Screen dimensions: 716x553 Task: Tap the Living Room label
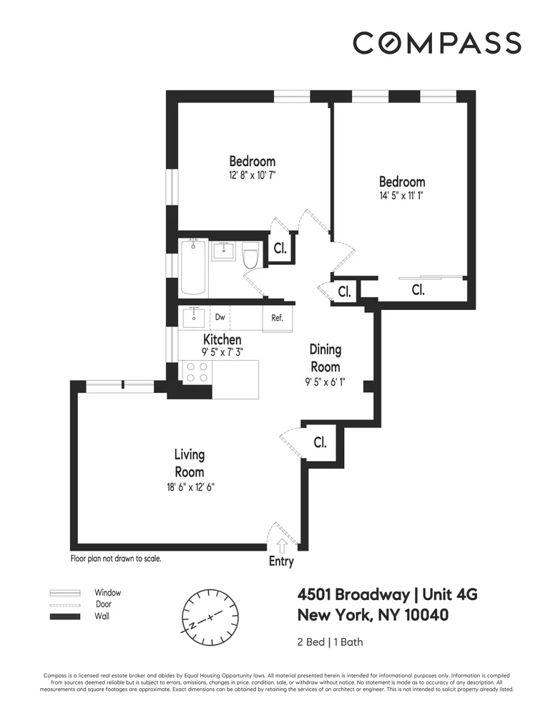(190, 463)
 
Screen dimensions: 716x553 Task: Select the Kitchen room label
(222, 339)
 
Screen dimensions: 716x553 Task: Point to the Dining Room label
(325, 358)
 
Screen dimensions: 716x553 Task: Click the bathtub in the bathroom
(193, 268)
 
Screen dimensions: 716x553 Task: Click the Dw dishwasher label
(220, 317)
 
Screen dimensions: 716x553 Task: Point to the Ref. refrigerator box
(277, 319)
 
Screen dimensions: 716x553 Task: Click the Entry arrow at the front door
(280, 547)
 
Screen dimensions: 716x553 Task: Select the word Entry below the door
(281, 561)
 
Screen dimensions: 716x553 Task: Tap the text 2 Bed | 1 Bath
(330, 642)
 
